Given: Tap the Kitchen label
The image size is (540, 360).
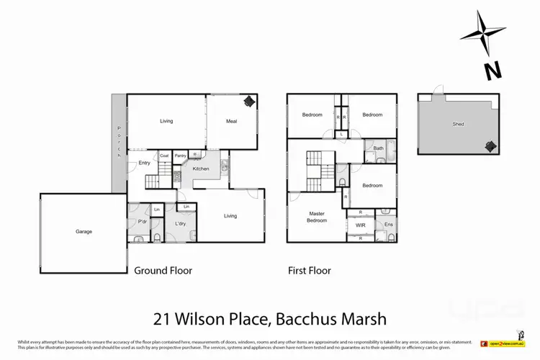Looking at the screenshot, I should click(x=200, y=168).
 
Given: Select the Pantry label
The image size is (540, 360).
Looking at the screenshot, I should click(x=180, y=155).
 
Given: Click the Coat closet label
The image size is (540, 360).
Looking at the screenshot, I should click(x=163, y=155).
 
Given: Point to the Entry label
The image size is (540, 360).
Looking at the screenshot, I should click(x=144, y=163).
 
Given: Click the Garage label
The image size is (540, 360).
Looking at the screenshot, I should click(x=84, y=232).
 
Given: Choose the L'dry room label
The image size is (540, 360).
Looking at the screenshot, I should click(x=180, y=223).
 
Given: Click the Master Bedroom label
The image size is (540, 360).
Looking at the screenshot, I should click(x=317, y=217).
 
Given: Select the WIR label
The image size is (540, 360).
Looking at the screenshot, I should click(x=360, y=225).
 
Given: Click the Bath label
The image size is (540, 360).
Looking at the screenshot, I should click(x=379, y=149).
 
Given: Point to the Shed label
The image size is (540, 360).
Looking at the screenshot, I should click(x=458, y=124).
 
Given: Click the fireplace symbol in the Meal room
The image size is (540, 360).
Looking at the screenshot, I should click(x=248, y=102).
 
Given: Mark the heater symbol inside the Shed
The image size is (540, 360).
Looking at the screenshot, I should click(x=490, y=146).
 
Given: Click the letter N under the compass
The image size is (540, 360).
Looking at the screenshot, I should click(x=492, y=71).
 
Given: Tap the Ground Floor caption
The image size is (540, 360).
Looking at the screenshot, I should click(x=163, y=271).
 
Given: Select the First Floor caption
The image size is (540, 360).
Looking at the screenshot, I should click(x=310, y=271).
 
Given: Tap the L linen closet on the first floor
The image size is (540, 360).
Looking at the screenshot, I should click(x=341, y=134).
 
